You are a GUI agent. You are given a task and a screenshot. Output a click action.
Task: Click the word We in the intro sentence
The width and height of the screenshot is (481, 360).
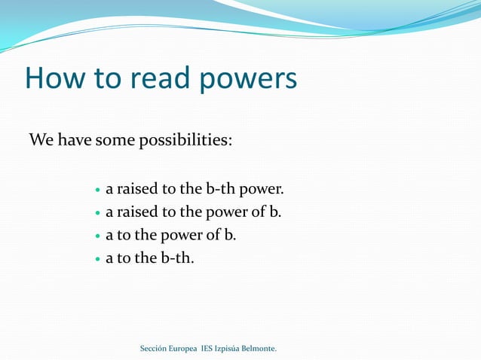pos(41,140)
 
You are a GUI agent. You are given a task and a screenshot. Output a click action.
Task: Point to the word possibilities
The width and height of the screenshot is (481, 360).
pos(184,141)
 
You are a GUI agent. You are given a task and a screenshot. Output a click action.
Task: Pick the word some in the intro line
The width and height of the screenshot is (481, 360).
pos(113,140)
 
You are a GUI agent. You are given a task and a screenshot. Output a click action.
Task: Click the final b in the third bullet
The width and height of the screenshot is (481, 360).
pos(229,235)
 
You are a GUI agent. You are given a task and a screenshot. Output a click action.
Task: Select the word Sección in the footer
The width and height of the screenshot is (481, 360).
pos(155,349)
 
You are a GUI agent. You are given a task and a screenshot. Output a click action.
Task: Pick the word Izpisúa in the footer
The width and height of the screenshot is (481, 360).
pos(229,349)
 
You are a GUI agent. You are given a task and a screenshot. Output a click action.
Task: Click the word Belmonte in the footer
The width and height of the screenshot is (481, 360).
pos(260,349)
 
